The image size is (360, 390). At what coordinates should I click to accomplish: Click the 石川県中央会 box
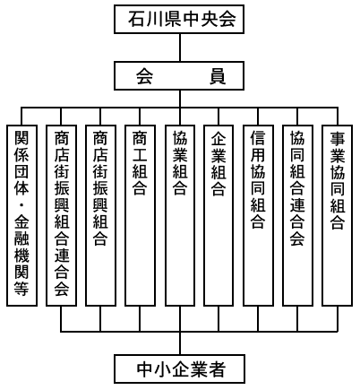coord(179,19)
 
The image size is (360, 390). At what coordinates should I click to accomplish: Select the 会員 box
coord(179,76)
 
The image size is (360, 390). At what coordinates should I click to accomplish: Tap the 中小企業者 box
coord(180,369)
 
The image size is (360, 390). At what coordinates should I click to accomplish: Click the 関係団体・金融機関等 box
coord(21,215)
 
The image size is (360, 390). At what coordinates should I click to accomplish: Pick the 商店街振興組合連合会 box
coord(61,215)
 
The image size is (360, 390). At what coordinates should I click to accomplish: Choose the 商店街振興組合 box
coord(100,215)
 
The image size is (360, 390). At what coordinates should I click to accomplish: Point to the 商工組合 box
coord(140,215)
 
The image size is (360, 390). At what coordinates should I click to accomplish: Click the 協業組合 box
coord(180,215)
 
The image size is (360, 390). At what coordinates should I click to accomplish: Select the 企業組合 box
coord(219,215)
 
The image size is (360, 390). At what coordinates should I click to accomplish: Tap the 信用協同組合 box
coord(258,215)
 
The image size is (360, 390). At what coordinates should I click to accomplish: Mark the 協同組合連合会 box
coord(297,215)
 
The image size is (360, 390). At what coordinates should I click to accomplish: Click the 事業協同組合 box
coord(338,215)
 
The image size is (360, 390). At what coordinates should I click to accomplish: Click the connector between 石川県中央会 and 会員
coord(180,48)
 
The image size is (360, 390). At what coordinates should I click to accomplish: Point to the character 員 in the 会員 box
coord(218,77)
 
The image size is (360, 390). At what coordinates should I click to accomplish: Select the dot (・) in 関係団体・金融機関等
coord(21,206)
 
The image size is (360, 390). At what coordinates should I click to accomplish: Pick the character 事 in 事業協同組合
coord(338,138)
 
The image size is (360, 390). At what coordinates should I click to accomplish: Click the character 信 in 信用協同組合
coord(258,138)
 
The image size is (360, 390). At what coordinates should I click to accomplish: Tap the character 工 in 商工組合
coord(140,154)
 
